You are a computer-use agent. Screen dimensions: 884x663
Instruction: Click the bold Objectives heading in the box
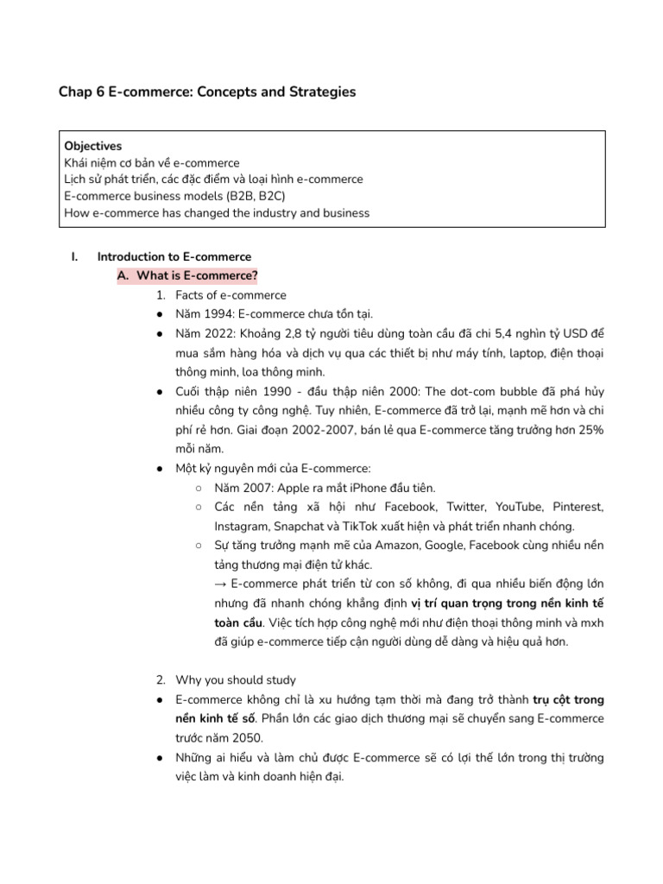pyautogui.click(x=92, y=146)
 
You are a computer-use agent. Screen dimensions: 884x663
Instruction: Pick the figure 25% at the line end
pyautogui.click(x=588, y=430)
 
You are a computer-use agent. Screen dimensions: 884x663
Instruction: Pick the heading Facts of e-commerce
pyautogui.click(x=230, y=295)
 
